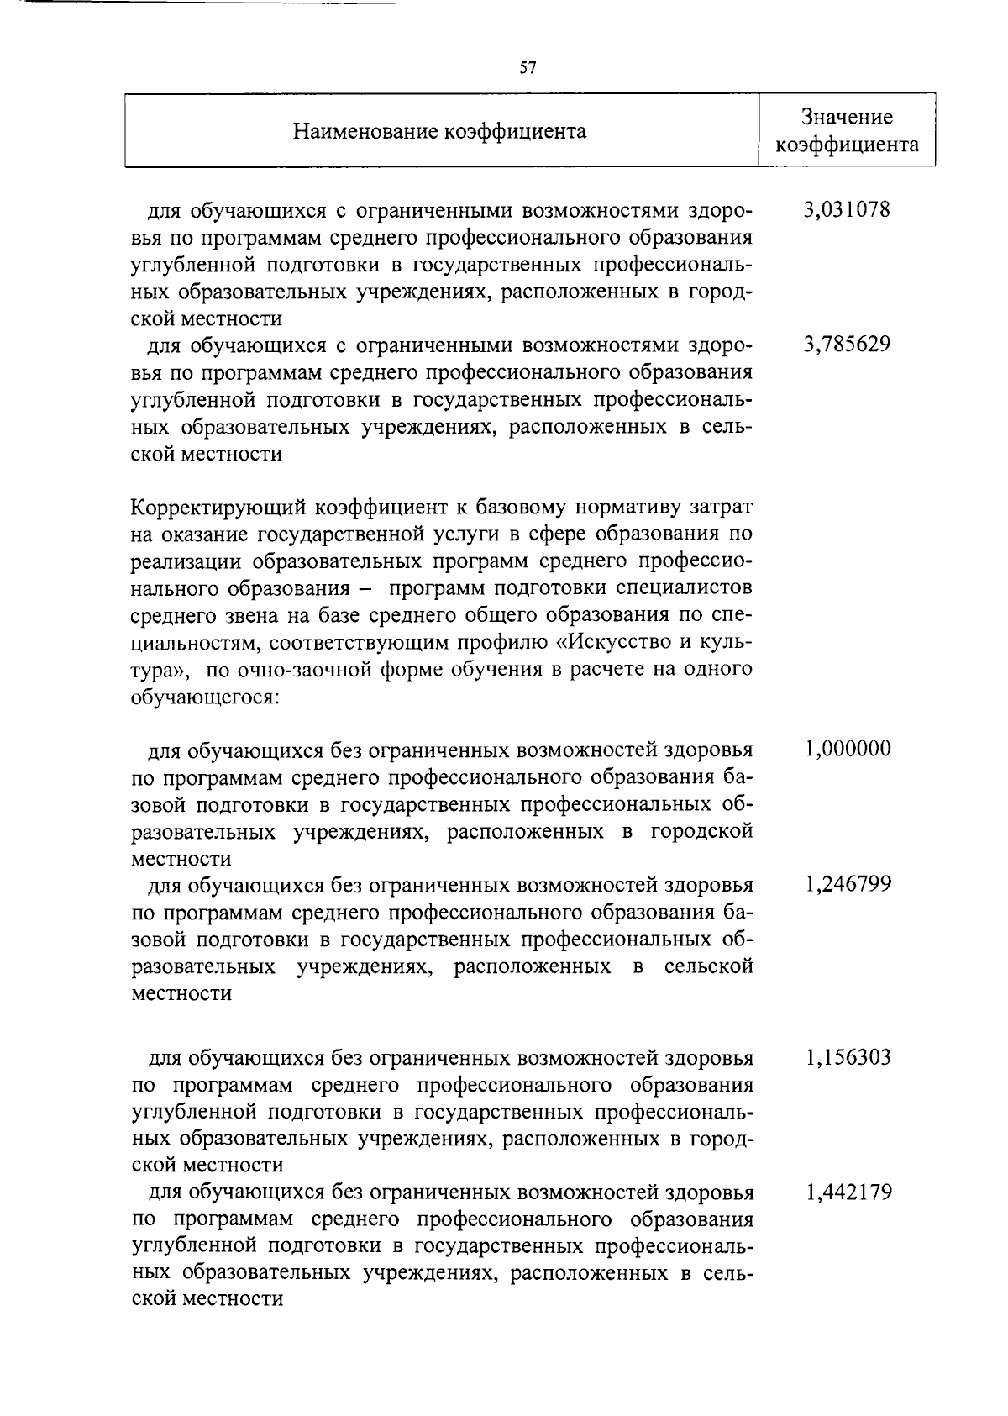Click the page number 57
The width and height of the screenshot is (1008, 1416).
pos(528,69)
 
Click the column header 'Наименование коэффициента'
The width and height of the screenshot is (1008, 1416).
pos(440,131)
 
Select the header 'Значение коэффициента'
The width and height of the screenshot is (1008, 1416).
pos(847,131)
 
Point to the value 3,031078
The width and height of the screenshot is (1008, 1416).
pos(847,209)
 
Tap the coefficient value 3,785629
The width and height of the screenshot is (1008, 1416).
pos(847,345)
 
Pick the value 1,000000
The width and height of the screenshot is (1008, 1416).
pos(848,749)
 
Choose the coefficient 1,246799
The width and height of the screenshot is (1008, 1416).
pos(848,884)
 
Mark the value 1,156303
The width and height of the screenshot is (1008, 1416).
pos(848,1057)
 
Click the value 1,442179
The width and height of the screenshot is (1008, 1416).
pos(848,1192)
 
